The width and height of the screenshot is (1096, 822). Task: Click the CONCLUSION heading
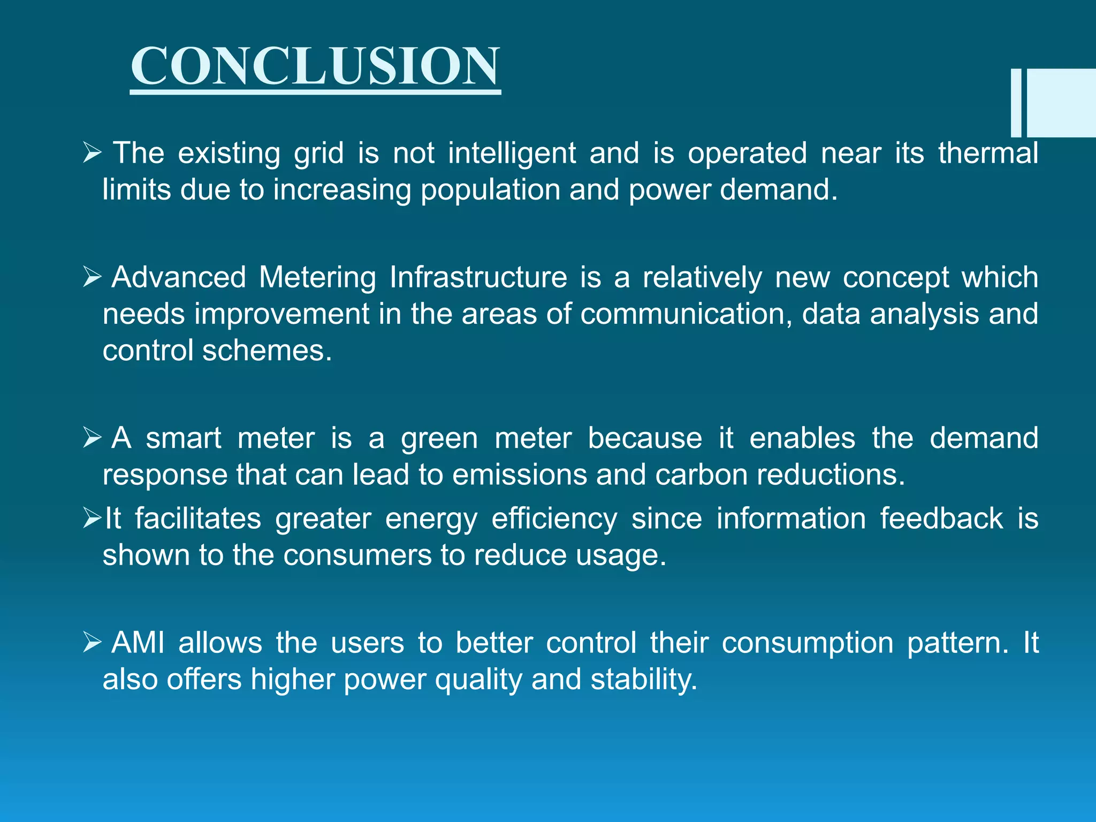[x=315, y=66]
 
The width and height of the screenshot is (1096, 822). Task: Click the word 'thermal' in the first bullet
[x=988, y=153]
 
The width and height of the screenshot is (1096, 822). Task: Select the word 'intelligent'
[x=512, y=154]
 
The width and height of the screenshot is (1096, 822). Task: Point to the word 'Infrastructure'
[x=478, y=277]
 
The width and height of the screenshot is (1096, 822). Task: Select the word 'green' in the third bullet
[x=439, y=439]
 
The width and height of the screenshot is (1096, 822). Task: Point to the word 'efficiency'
[x=554, y=520]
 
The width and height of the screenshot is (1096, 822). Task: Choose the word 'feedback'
[x=941, y=519]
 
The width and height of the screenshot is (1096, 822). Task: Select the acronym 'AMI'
[x=138, y=643]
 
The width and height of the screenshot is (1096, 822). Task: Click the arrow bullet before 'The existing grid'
[x=92, y=154]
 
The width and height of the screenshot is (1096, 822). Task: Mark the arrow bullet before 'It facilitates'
[x=92, y=519]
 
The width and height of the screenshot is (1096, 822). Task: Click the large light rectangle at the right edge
[x=1061, y=103]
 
